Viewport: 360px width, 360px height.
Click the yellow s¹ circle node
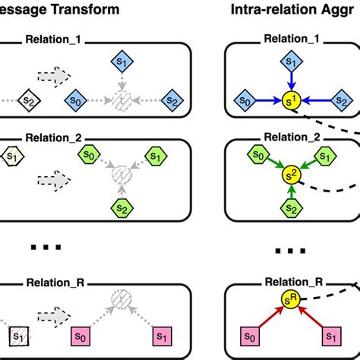(x=290, y=99)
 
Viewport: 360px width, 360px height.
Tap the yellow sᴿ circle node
(x=290, y=299)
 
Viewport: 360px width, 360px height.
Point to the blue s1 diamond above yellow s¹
(x=289, y=61)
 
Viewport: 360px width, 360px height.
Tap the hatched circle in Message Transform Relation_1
(x=121, y=99)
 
